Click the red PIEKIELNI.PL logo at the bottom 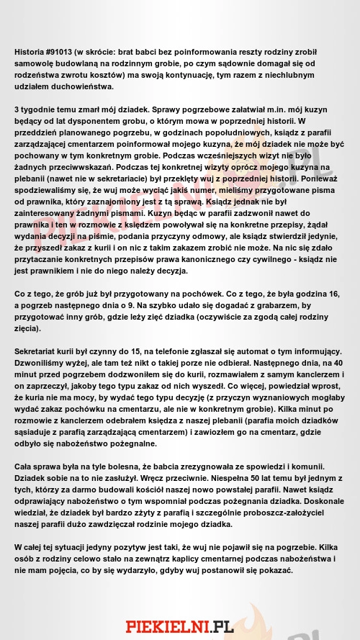(180, 625)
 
